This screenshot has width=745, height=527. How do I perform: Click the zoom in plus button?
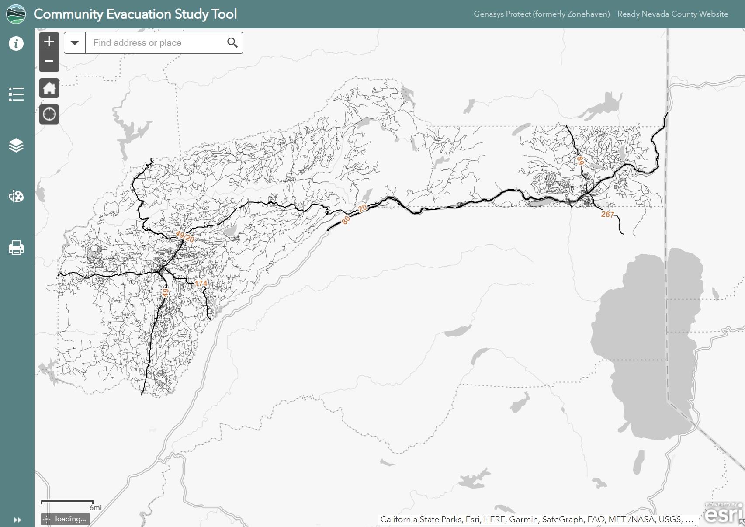pos(49,42)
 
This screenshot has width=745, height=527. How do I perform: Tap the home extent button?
pos(49,88)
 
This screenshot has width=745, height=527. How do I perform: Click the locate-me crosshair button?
pos(49,114)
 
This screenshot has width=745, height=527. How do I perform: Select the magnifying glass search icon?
pos(232,43)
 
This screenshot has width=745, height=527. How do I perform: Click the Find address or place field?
pos(155,43)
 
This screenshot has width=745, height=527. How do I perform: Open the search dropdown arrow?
pos(75,43)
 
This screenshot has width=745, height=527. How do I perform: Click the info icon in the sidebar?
pos(16,43)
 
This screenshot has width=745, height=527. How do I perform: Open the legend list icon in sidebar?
pos(16,94)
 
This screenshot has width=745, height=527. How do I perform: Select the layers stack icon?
pos(16,145)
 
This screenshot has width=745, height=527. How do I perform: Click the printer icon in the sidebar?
pos(16,248)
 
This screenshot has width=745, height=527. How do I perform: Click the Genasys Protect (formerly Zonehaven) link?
pos(541,14)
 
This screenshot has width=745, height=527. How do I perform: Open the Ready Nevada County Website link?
pos(672,14)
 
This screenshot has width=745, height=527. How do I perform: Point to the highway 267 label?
pos(607,214)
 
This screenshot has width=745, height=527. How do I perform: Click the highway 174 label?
pos(201,284)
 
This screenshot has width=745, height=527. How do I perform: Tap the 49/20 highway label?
pos(185,237)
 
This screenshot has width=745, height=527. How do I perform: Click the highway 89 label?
pos(580,161)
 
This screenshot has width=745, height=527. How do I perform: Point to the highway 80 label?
pos(346,220)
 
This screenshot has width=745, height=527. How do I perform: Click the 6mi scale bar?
pos(68,503)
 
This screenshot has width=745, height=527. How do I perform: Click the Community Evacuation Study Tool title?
pos(135,14)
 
